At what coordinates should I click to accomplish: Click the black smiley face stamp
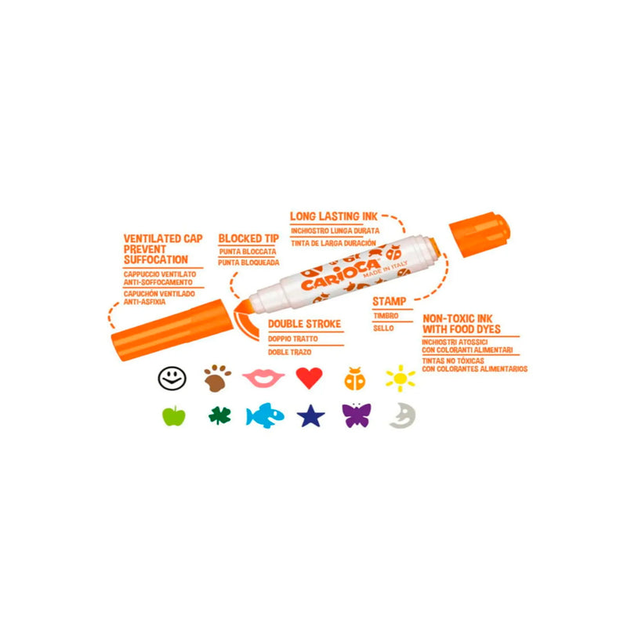pyautogui.click(x=172, y=378)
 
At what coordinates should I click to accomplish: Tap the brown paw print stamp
pyautogui.click(x=217, y=378)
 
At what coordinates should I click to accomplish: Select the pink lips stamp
pyautogui.click(x=263, y=378)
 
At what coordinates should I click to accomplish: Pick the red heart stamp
pyautogui.click(x=309, y=378)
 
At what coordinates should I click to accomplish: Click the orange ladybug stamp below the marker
pyautogui.click(x=355, y=379)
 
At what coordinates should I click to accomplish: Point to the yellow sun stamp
pyautogui.click(x=400, y=379)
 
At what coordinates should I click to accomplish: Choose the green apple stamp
pyautogui.click(x=174, y=416)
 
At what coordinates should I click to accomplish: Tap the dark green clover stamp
pyautogui.click(x=220, y=416)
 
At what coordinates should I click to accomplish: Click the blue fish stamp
pyautogui.click(x=265, y=415)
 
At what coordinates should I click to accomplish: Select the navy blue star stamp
pyautogui.click(x=310, y=416)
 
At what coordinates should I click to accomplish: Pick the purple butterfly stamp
pyautogui.click(x=357, y=415)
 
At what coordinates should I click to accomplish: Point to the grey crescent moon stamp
pyautogui.click(x=402, y=416)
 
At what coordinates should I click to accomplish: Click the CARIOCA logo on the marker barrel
pyautogui.click(x=341, y=275)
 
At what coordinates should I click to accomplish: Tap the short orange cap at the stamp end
pyautogui.click(x=480, y=234)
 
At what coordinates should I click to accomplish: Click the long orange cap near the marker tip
pyautogui.click(x=172, y=330)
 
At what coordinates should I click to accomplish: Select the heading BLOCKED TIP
pyautogui.click(x=248, y=238)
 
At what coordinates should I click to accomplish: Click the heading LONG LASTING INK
pyautogui.click(x=334, y=216)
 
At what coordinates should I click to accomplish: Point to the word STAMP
pyautogui.click(x=389, y=301)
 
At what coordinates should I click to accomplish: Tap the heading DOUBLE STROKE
pyautogui.click(x=304, y=324)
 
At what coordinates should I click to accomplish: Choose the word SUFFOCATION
pyautogui.click(x=155, y=259)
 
